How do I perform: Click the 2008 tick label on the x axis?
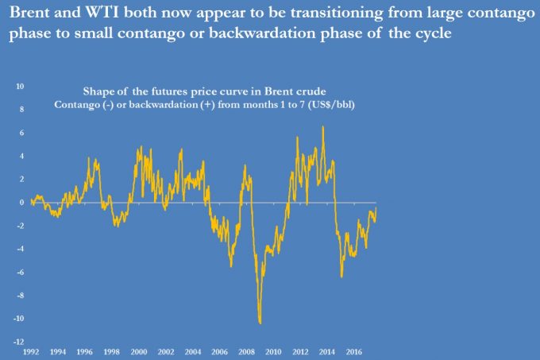click(x=246, y=350)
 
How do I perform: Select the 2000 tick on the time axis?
click(x=138, y=350)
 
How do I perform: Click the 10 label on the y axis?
click(x=20, y=86)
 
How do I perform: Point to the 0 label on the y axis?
click(x=22, y=202)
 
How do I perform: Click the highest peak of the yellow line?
click(x=322, y=126)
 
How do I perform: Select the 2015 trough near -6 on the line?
click(x=341, y=276)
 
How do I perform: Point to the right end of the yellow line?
click(x=376, y=207)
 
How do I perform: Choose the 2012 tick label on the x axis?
click(x=300, y=350)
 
